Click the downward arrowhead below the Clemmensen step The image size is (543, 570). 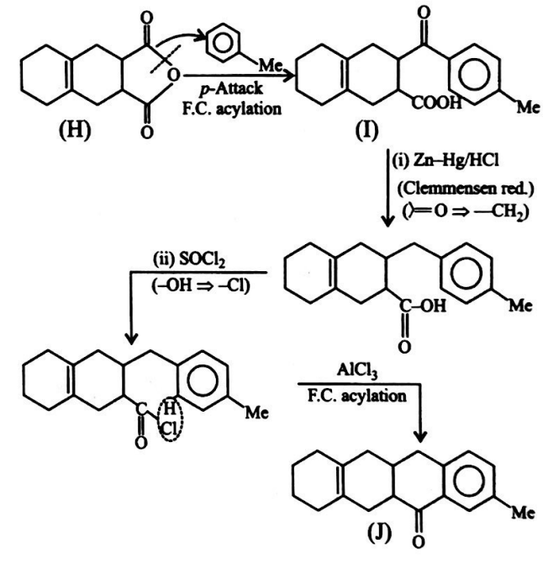388,221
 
